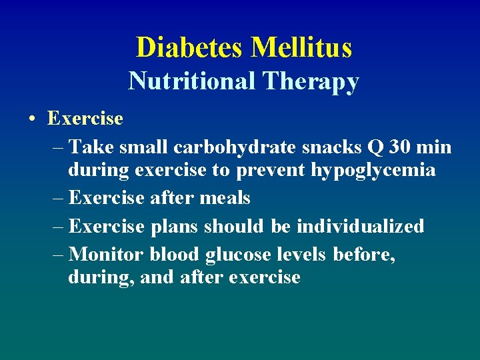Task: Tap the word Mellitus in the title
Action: (301, 47)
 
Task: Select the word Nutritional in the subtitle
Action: (192, 81)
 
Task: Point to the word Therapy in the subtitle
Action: (311, 81)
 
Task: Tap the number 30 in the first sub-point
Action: (393, 146)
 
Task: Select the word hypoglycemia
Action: (373, 171)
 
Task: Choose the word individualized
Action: (360, 226)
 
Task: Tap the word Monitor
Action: (107, 254)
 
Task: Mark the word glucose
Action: (238, 255)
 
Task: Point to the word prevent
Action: (269, 171)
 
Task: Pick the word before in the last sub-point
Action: (363, 254)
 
